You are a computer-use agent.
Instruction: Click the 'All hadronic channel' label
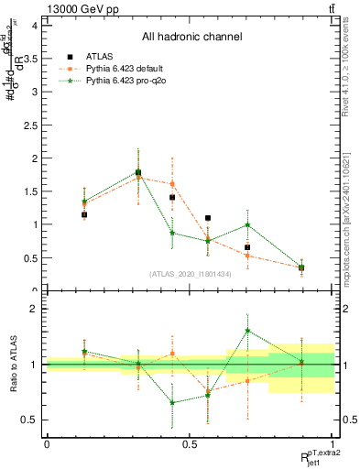(191, 37)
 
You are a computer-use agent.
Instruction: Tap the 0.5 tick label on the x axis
(190, 443)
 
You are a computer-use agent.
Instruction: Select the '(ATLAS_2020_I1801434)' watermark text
(191, 274)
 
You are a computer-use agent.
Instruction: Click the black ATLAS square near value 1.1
(208, 218)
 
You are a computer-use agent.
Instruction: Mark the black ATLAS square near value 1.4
(172, 197)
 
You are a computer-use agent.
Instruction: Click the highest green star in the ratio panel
(247, 331)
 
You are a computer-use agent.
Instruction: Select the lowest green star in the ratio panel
(172, 402)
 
